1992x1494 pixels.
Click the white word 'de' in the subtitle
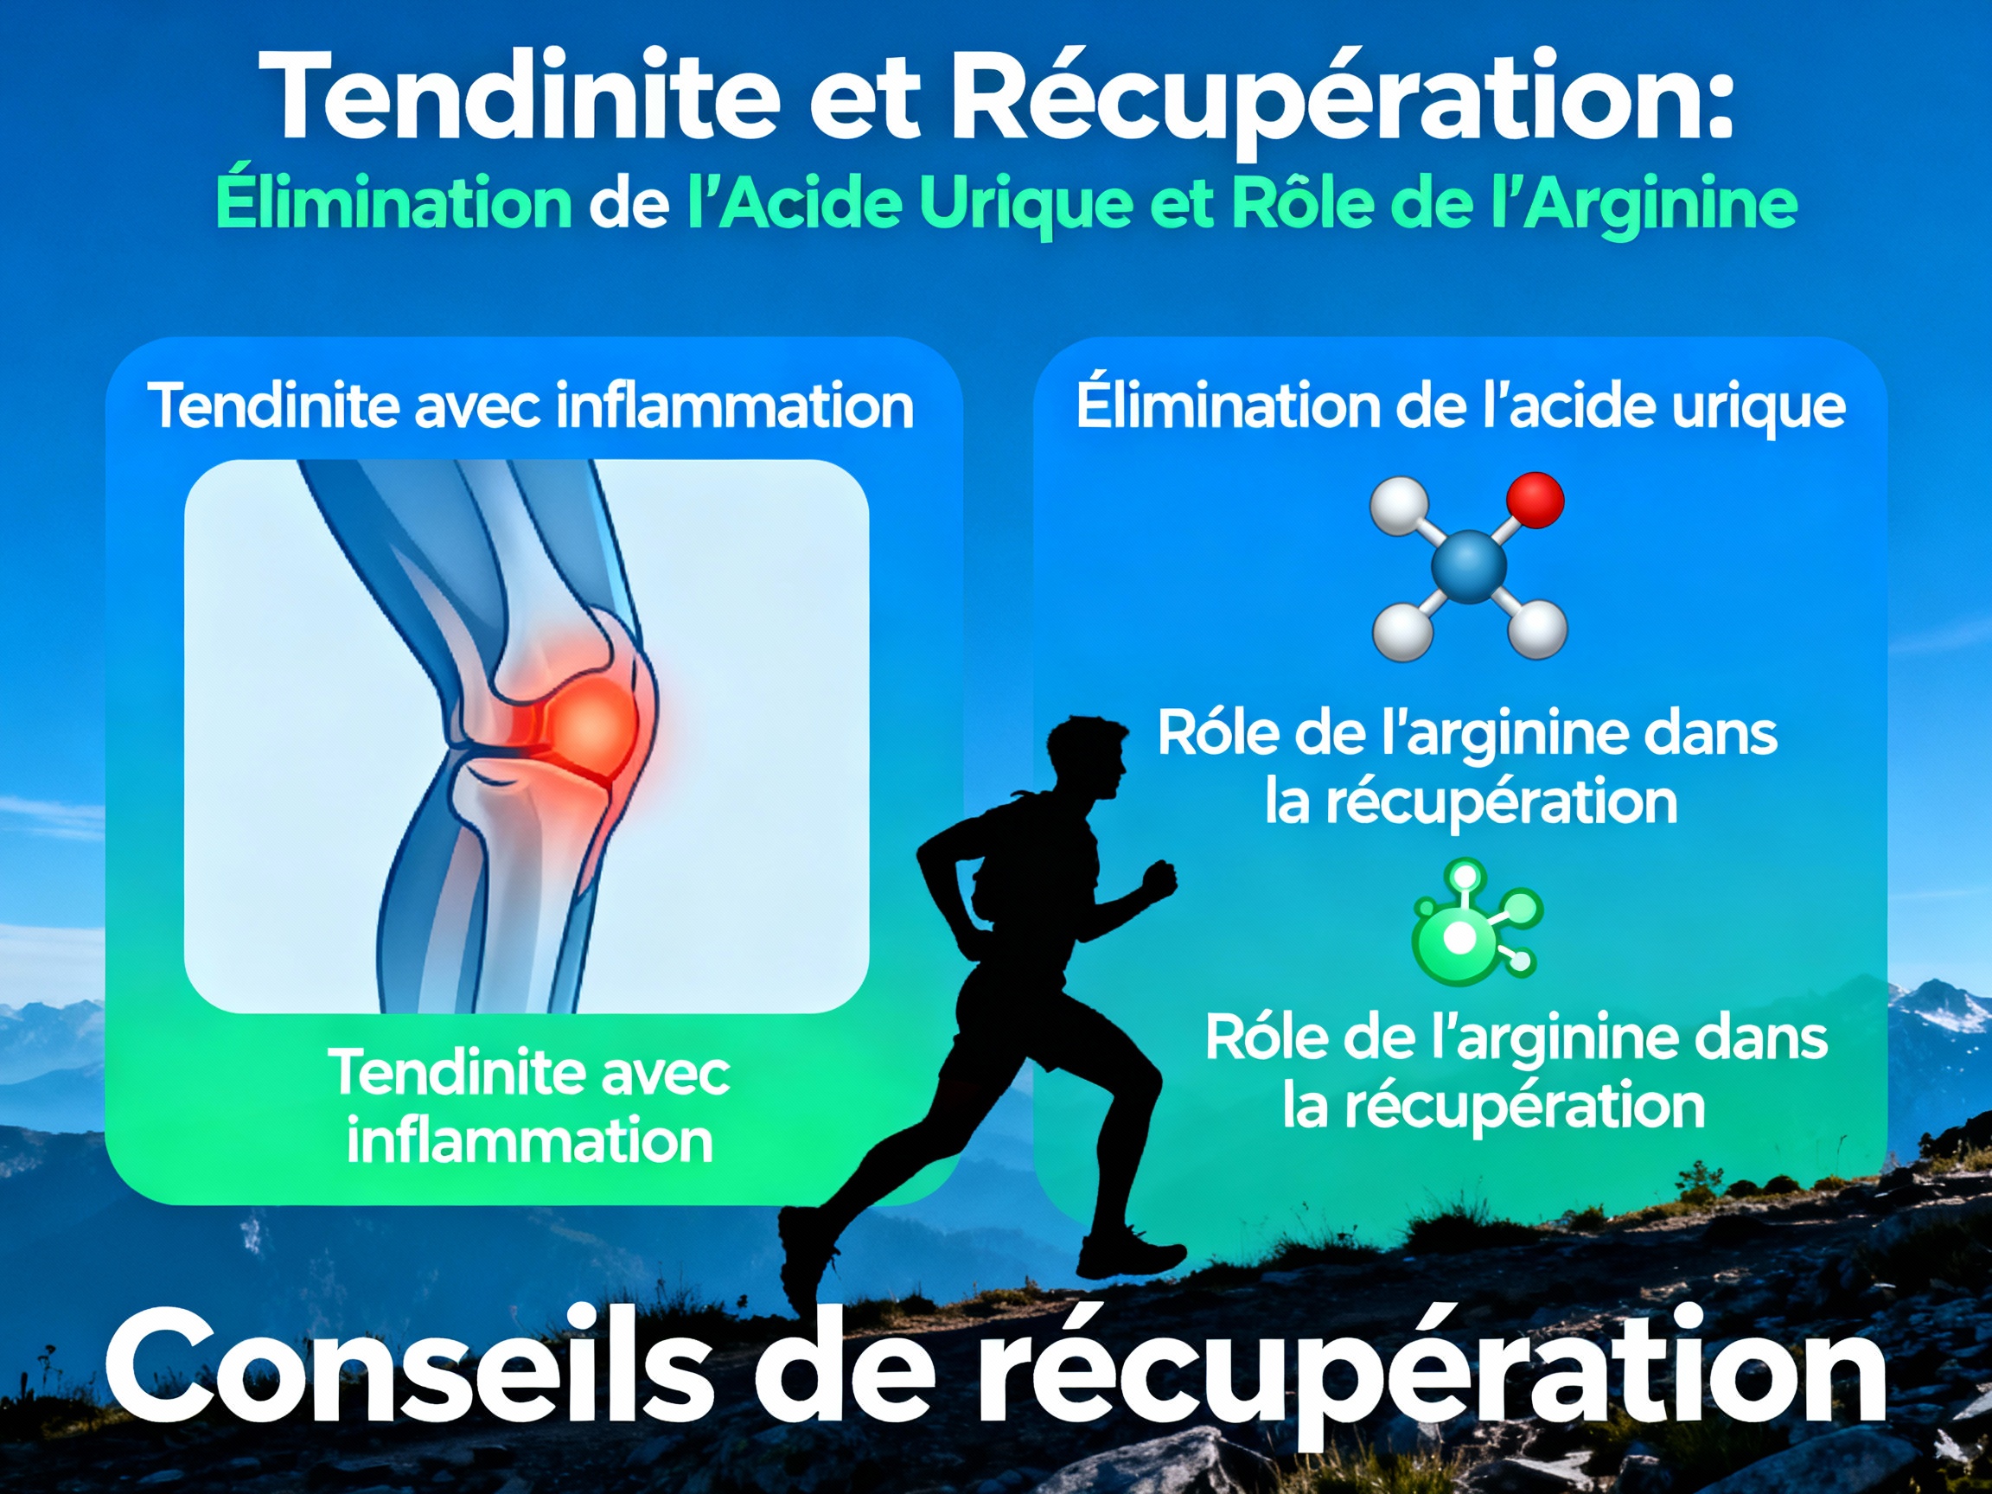coord(629,203)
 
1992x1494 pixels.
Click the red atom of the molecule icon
coord(1535,501)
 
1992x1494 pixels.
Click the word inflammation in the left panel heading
coord(734,407)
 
